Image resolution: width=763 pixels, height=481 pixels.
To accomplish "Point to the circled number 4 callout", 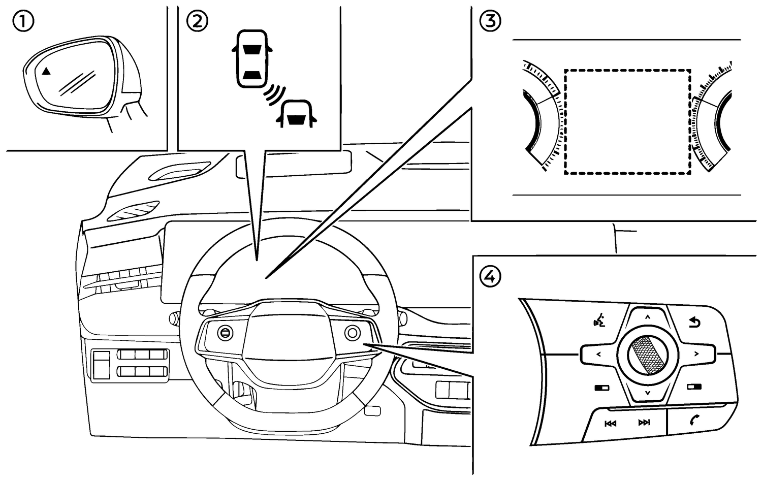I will point(490,277).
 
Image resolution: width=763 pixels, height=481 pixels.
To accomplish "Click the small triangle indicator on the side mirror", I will point(46,71).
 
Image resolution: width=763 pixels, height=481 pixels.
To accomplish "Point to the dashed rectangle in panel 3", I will point(627,122).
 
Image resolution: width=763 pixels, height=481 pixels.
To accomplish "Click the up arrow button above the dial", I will point(648,318).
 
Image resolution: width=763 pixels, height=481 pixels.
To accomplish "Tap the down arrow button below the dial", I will point(648,393).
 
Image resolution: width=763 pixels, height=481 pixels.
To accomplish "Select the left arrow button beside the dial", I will point(598,354).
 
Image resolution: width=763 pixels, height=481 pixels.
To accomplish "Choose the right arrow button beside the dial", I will point(696,354).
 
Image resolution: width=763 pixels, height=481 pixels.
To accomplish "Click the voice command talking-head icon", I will point(599,322).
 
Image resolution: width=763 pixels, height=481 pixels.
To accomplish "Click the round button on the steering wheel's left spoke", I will point(224,333).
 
